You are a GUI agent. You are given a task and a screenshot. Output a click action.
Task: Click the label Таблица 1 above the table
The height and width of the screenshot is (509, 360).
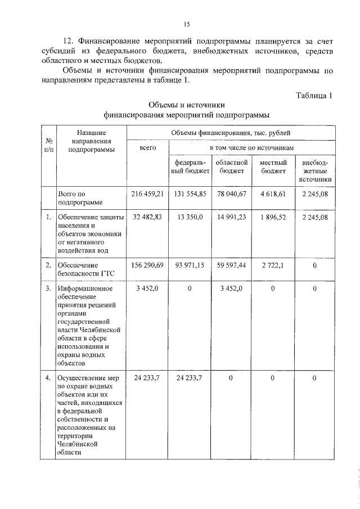(314, 96)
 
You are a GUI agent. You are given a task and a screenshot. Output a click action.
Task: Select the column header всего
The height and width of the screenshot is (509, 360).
(147, 147)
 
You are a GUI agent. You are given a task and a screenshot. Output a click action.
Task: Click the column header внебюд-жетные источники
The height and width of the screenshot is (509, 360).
(315, 171)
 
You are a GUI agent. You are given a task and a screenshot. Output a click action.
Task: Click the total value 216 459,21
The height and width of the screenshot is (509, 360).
(147, 193)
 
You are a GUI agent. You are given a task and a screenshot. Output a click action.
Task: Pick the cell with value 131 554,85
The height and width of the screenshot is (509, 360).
(190, 193)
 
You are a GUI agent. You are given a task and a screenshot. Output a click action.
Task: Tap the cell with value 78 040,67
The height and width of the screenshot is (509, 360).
(232, 193)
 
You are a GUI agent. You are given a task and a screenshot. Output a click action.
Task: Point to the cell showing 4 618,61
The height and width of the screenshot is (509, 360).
(273, 193)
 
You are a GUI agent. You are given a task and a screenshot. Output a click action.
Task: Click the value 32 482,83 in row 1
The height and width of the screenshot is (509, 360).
(147, 218)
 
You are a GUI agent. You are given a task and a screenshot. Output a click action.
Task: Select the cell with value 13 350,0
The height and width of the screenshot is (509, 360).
(190, 218)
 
